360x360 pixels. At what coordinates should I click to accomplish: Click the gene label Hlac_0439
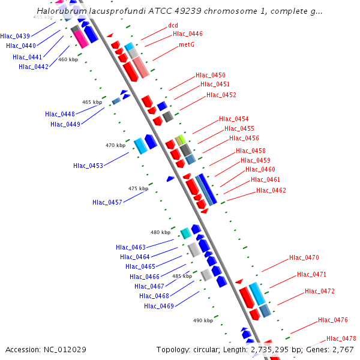click(x=15, y=36)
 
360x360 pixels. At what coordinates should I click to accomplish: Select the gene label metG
click(x=186, y=44)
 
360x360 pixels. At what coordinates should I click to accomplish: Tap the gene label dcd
click(x=173, y=25)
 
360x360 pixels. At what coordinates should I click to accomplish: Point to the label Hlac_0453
click(x=88, y=166)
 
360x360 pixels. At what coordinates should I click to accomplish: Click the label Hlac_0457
click(x=107, y=202)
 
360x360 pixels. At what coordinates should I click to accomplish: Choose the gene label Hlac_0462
click(x=271, y=190)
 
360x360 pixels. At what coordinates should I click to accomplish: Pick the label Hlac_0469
click(x=159, y=306)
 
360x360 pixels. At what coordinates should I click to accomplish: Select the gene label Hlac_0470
click(x=304, y=257)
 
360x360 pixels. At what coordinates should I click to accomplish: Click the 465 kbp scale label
click(x=92, y=103)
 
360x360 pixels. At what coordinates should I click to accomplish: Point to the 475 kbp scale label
click(x=138, y=188)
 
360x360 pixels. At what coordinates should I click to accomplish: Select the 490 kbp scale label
click(x=203, y=320)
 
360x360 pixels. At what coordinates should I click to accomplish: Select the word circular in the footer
click(x=211, y=349)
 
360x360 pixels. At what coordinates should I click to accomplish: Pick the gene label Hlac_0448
click(x=60, y=114)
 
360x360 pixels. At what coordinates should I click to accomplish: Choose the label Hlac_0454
click(x=234, y=119)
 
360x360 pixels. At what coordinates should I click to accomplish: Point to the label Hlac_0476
click(x=333, y=320)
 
